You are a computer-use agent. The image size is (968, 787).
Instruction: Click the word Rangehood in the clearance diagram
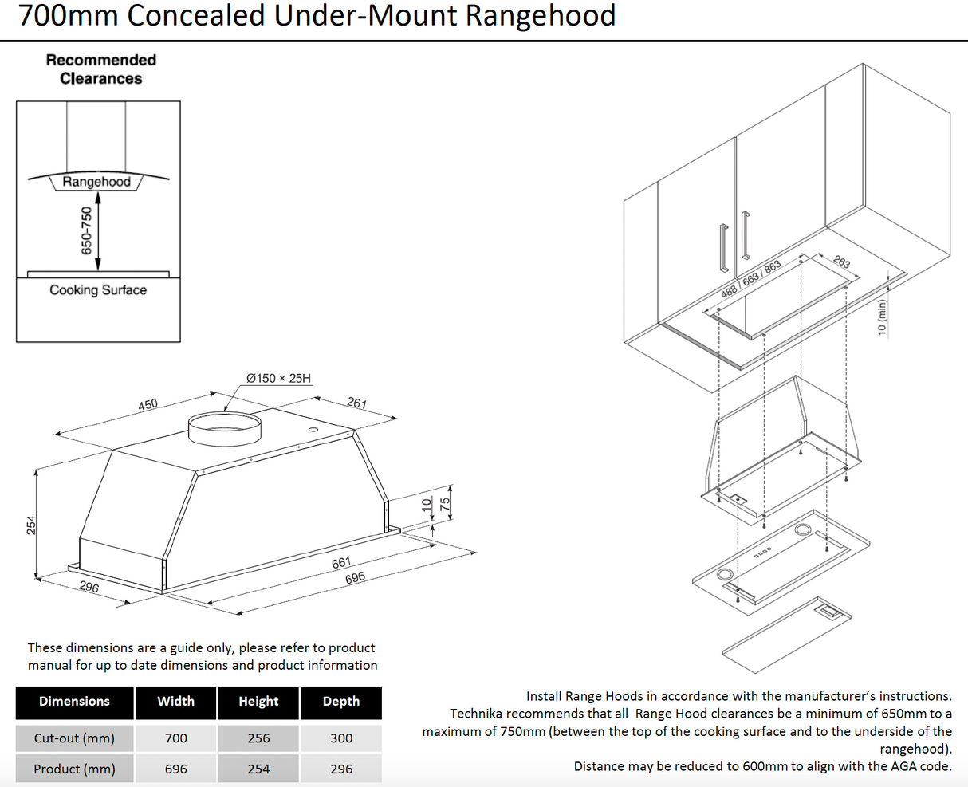tap(96, 182)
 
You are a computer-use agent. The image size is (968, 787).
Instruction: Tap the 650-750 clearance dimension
tap(87, 230)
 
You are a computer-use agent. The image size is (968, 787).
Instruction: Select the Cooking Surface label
tap(98, 290)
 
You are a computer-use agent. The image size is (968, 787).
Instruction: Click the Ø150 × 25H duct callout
tap(278, 378)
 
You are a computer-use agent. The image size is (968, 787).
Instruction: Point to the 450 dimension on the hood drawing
tap(148, 405)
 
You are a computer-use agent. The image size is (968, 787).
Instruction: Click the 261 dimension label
tap(357, 403)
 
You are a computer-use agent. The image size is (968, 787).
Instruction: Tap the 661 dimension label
tap(341, 563)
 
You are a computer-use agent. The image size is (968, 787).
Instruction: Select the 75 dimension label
tap(446, 504)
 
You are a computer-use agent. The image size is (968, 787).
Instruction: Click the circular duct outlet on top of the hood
tap(225, 428)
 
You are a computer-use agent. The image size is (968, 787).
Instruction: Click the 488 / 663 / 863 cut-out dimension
tap(750, 279)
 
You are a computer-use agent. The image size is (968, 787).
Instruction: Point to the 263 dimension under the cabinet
tap(842, 262)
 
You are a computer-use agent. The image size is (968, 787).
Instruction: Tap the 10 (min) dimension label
tap(882, 317)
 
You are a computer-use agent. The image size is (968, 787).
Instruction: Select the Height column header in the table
tap(258, 702)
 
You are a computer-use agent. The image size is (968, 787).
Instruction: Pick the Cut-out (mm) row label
tap(74, 738)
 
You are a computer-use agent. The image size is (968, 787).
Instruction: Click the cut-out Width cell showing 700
tap(176, 738)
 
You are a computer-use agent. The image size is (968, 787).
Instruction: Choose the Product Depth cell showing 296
tap(341, 769)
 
